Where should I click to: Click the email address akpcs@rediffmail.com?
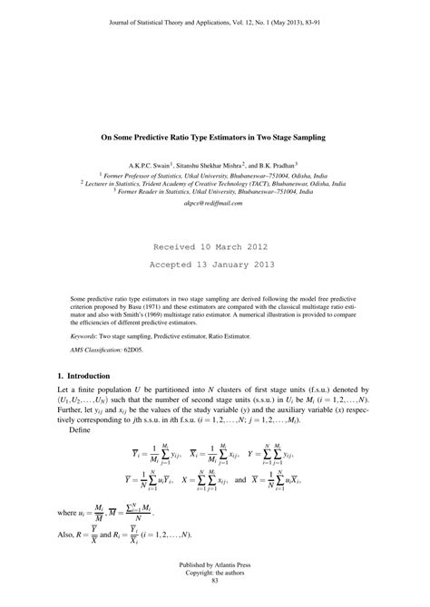click(214, 204)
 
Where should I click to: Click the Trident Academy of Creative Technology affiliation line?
click(214, 183)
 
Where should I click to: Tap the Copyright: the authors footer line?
click(214, 585)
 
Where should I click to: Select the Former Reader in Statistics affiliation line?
click(214, 191)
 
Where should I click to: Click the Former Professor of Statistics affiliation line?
click(214, 176)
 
